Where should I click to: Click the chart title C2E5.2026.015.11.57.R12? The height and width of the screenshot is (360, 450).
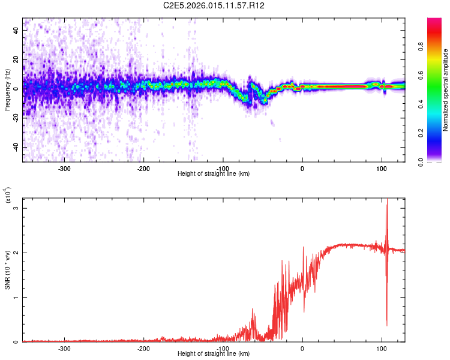tap(214, 5)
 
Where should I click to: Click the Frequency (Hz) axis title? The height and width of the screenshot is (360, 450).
tap(7, 90)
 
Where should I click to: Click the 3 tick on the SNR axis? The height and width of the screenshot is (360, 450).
tap(17, 208)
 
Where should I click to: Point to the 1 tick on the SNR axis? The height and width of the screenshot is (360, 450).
tap(17, 298)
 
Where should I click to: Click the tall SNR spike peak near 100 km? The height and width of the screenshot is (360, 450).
tap(387, 200)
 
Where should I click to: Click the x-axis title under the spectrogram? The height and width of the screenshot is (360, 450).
tap(214, 174)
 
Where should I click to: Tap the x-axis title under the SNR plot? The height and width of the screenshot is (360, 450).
tap(214, 354)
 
